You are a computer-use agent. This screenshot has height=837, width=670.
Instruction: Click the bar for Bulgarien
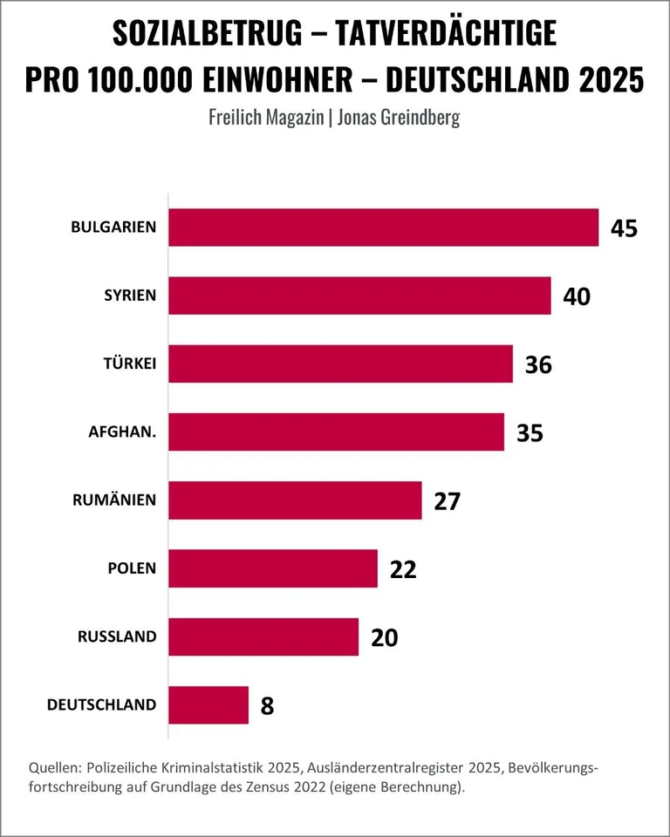coord(383,228)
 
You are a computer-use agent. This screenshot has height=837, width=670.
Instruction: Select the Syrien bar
coord(359,296)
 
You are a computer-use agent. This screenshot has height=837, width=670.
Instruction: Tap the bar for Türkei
coord(340,364)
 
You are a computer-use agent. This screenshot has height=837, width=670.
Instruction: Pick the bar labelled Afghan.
coord(336,432)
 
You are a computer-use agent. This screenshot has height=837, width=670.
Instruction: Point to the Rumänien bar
coord(295,500)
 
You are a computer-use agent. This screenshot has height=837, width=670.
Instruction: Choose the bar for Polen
coord(273,568)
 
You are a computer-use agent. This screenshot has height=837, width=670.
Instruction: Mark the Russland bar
coord(263,636)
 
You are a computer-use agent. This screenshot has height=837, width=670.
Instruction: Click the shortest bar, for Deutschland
coord(209,704)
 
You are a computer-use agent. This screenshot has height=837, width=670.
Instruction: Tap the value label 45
coord(625,228)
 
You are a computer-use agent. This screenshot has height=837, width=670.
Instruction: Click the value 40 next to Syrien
coord(577,296)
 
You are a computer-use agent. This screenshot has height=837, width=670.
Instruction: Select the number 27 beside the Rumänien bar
coord(447,501)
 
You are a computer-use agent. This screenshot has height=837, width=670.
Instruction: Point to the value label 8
coord(267,705)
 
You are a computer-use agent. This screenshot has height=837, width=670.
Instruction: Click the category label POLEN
coord(132,568)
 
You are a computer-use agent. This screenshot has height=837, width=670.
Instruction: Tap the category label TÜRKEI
coord(129,364)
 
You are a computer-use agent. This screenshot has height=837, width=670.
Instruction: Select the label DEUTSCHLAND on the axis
coord(102,704)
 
